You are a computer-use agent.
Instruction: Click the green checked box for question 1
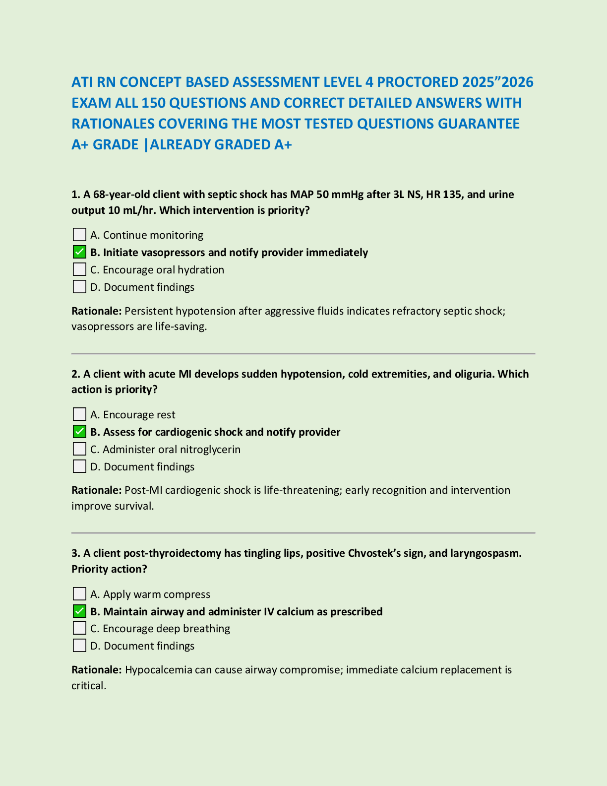click(79, 252)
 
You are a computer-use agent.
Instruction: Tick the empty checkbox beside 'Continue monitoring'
click(79, 235)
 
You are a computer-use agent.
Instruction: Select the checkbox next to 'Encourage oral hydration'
click(79, 269)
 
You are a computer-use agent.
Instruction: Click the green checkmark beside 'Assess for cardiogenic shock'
click(79, 432)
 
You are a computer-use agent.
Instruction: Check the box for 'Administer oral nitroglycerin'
click(79, 449)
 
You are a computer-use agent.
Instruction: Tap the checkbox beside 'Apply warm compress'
click(79, 594)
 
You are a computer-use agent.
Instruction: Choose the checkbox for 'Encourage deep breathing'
click(79, 628)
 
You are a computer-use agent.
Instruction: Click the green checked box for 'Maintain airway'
click(79, 611)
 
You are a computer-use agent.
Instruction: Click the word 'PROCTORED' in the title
click(418, 82)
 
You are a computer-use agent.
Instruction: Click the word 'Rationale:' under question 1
click(96, 311)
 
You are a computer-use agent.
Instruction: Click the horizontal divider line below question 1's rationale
click(303, 354)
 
